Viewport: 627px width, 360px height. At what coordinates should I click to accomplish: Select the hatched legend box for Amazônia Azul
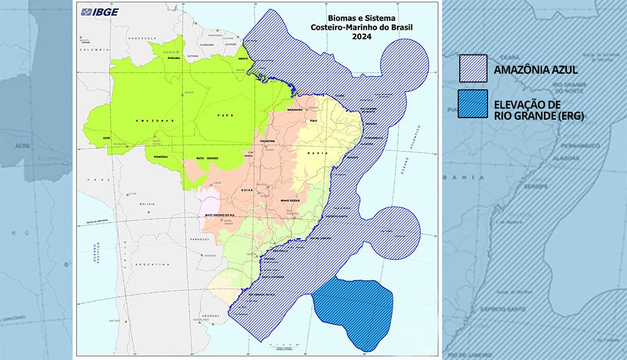coord(473,68)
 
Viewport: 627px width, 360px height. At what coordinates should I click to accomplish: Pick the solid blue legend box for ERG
coord(473,103)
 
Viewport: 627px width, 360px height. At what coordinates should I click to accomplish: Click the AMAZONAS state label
coord(135,121)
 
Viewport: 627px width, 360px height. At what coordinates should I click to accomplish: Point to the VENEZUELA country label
coord(143,39)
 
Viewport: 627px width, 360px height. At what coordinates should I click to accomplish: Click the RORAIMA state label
coord(173,58)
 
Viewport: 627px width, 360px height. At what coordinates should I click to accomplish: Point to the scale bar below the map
coord(285,349)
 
